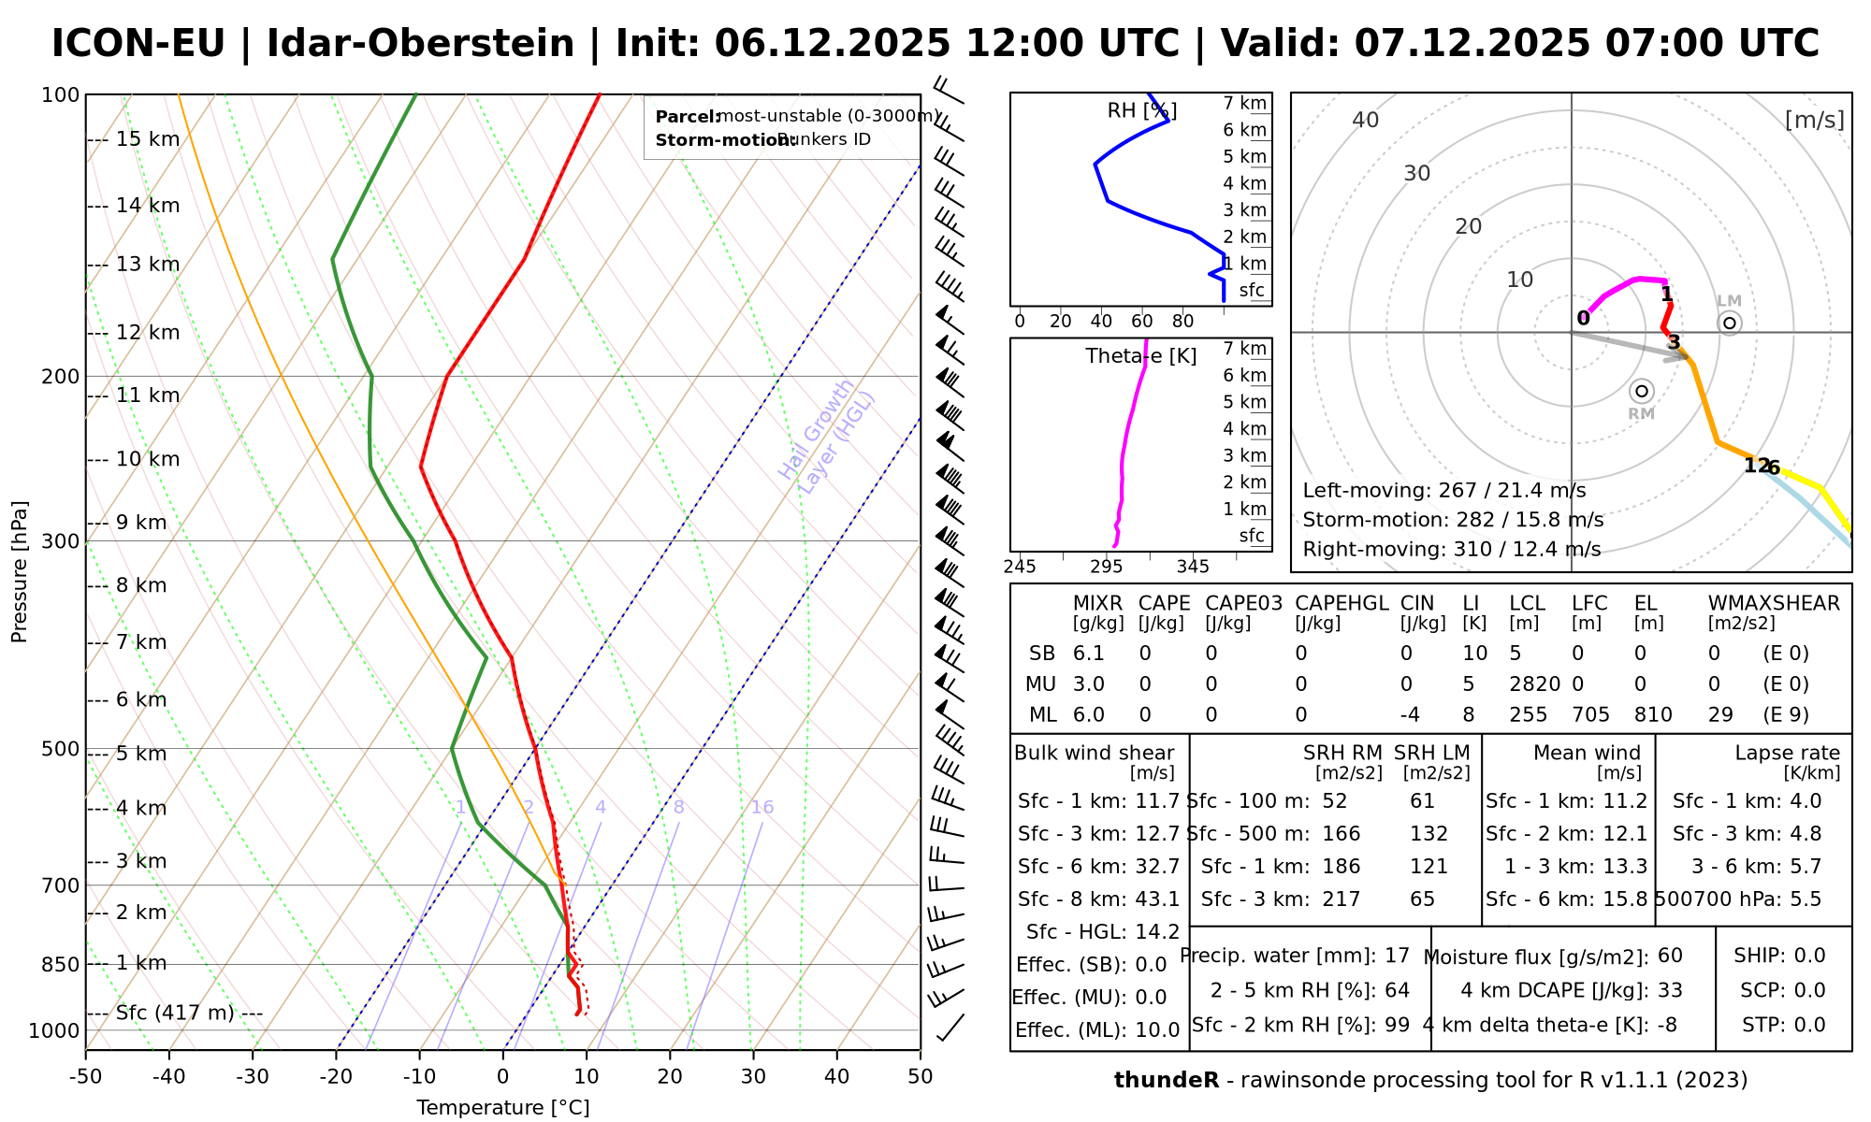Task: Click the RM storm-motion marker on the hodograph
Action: point(1642,391)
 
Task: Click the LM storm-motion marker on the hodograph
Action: point(1730,324)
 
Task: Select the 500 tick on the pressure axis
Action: point(62,749)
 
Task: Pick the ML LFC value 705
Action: point(1590,715)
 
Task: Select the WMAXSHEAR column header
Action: point(1774,603)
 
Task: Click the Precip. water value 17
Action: point(1397,956)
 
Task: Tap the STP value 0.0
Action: point(1809,1025)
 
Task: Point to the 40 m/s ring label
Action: point(1366,120)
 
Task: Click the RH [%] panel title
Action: point(1141,111)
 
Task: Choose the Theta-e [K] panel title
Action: point(1141,356)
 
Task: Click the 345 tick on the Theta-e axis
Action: point(1193,567)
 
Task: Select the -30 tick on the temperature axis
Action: point(253,1076)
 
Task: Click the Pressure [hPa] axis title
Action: point(20,571)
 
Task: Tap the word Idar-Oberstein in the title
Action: point(420,44)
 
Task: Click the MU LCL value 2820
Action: point(1534,684)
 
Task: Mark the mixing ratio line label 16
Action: point(762,808)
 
